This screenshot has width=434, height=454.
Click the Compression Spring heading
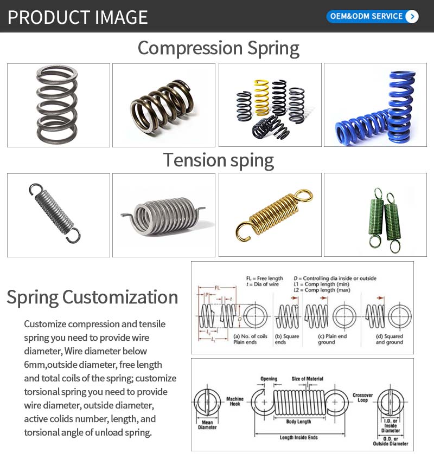pyautogui.click(x=218, y=48)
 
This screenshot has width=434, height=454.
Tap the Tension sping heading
pyautogui.click(x=218, y=160)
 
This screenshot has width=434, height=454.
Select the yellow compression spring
pyautogui.click(x=261, y=97)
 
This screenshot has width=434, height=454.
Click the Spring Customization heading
pyautogui.click(x=92, y=297)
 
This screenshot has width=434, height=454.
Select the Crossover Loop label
pyautogui.click(x=362, y=398)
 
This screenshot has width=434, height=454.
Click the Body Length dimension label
pyautogui.click(x=298, y=421)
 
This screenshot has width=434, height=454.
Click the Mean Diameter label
pyautogui.click(x=207, y=424)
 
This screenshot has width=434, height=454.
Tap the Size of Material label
pyautogui.click(x=307, y=379)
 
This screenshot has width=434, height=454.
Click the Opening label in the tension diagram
pyautogui.click(x=269, y=379)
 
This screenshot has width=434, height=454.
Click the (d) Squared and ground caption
pyautogui.click(x=389, y=339)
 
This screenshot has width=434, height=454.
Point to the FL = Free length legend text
pyautogui.click(x=265, y=278)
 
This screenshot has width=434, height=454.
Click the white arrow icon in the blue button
pyautogui.click(x=412, y=16)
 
